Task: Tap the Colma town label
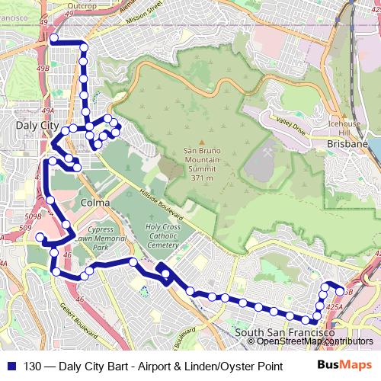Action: (94, 203)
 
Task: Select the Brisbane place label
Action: (347, 143)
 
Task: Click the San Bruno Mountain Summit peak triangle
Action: (201, 142)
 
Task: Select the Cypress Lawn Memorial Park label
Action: (103, 237)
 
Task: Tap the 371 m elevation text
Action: (201, 178)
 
